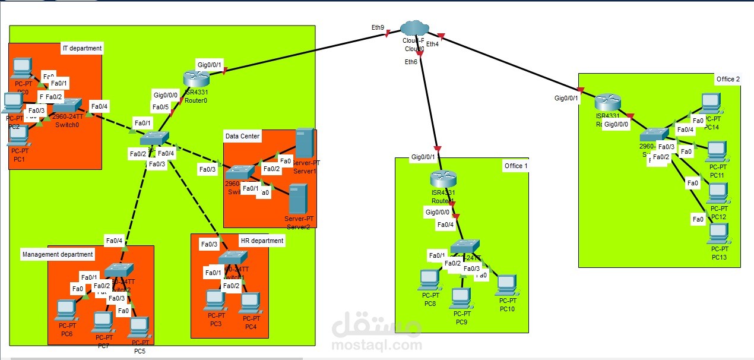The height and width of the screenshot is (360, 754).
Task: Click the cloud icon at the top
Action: (414, 28)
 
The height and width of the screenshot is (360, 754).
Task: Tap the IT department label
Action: (82, 48)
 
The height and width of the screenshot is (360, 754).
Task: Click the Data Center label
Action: (242, 136)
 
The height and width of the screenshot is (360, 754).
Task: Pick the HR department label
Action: (262, 241)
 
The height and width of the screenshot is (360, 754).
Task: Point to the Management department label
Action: (58, 254)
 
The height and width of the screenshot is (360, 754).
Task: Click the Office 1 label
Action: (515, 166)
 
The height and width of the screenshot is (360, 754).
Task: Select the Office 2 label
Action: (728, 80)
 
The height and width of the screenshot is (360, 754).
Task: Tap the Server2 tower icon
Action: (297, 198)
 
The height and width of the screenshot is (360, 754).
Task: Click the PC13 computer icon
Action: (718, 234)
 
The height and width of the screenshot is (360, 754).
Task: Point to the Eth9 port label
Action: (378, 27)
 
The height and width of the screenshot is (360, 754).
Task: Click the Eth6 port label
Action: (411, 62)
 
